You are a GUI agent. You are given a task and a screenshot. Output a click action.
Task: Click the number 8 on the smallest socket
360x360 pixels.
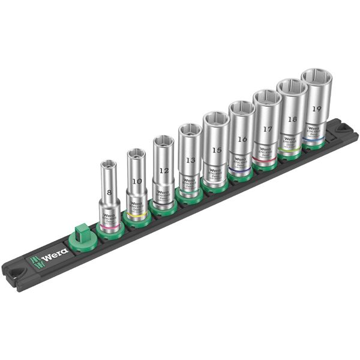[x=109, y=193]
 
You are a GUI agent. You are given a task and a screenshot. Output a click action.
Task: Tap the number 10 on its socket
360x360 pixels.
[x=137, y=181]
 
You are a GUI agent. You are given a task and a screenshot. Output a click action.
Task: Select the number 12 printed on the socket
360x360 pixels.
[x=163, y=170]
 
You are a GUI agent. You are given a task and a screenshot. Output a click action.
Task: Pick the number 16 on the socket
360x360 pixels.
[x=242, y=139]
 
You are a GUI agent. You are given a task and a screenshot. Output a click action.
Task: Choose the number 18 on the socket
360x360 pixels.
[x=292, y=119]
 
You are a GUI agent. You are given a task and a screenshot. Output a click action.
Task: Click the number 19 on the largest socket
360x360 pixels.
[x=316, y=109]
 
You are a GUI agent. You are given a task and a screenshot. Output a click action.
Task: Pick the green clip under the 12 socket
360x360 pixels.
[x=163, y=208]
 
